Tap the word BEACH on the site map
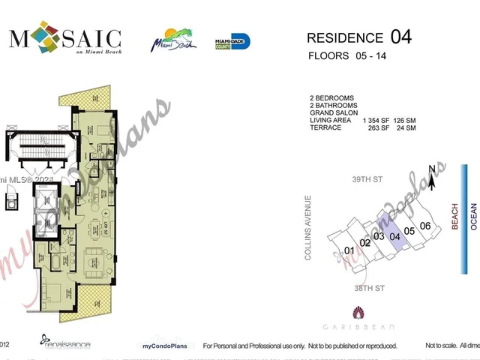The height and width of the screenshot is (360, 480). point(453,216)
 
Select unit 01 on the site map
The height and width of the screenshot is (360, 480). point(349,250)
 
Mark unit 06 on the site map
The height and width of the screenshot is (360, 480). point(425,226)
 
